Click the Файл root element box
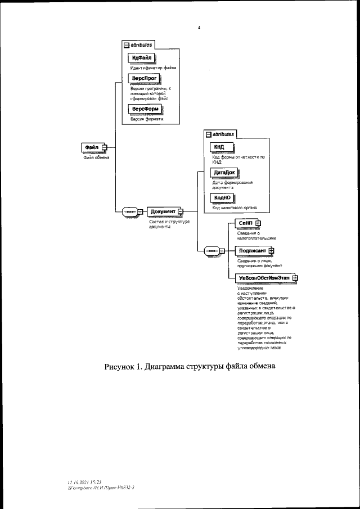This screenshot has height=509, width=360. tap(91, 147)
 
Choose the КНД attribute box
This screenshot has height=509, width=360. tap(219, 147)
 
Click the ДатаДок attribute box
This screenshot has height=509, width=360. tap(223, 173)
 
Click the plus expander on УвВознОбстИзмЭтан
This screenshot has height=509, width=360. tap(295, 277)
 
